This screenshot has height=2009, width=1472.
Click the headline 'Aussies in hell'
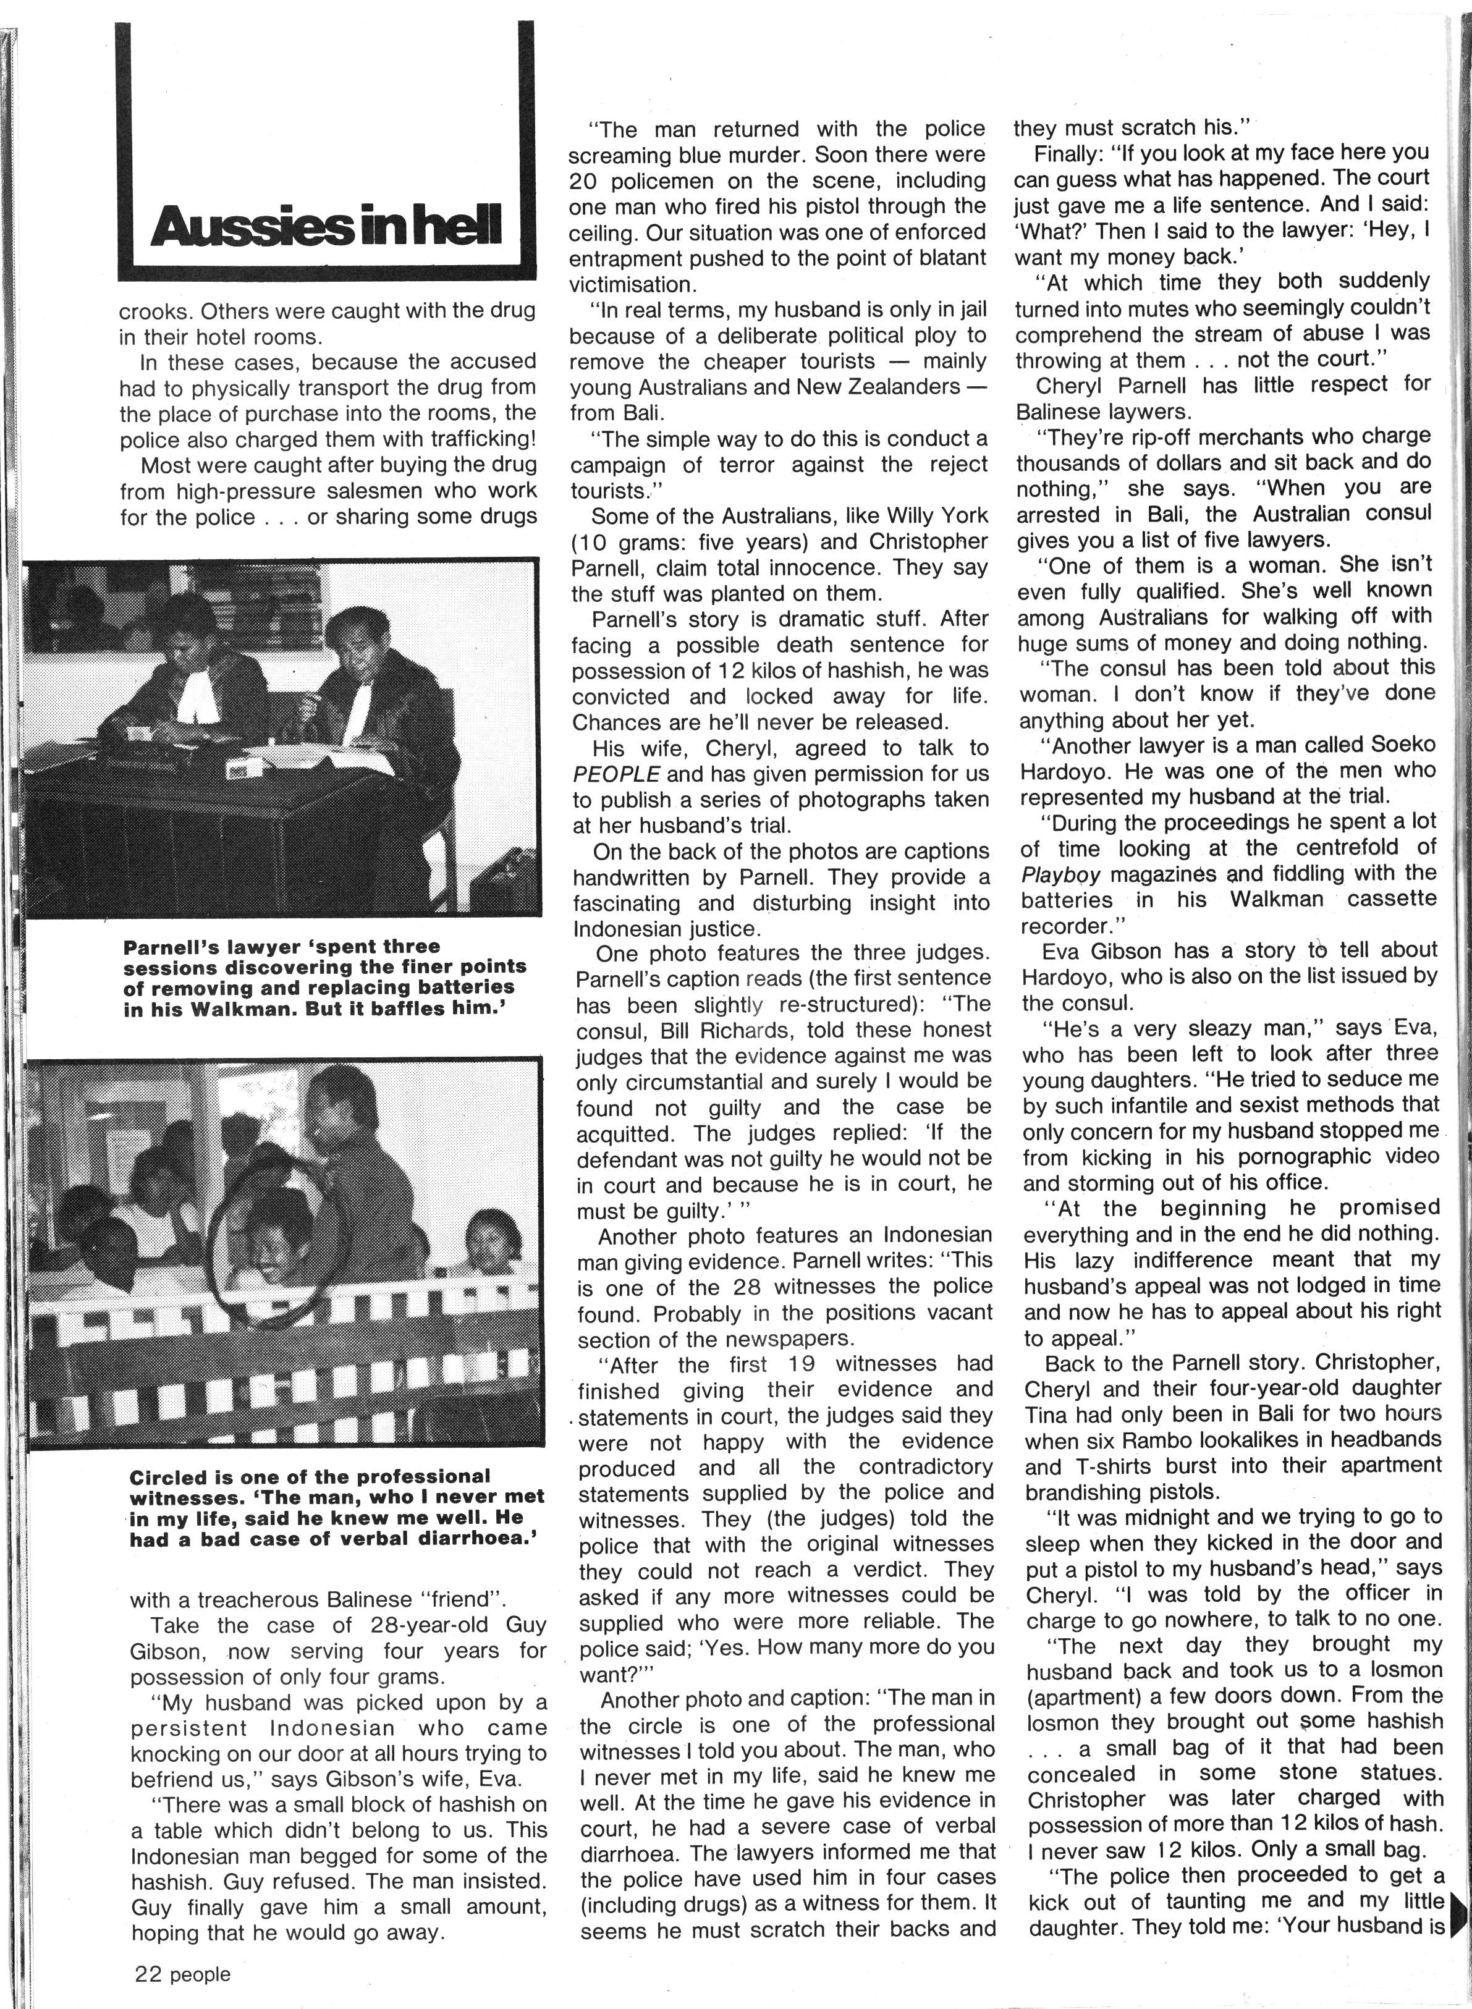pos(327,226)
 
